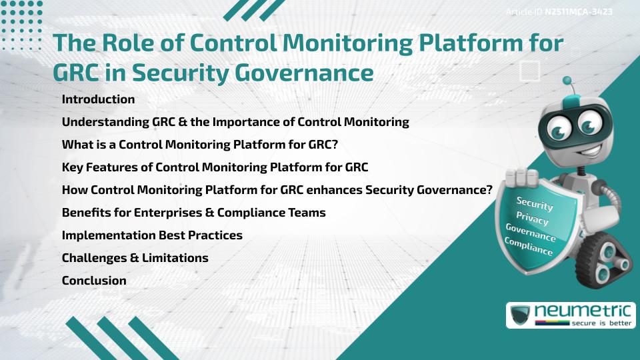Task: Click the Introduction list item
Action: pyautogui.click(x=98, y=99)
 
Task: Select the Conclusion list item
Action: pyautogui.click(x=94, y=281)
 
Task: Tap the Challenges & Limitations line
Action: pyautogui.click(x=135, y=258)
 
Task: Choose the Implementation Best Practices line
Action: pyautogui.click(x=152, y=235)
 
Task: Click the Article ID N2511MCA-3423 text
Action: pyautogui.click(x=559, y=12)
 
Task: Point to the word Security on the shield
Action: pyautogui.click(x=535, y=203)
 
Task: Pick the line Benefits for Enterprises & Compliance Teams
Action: pyautogui.click(x=193, y=213)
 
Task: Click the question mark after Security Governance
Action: pyautogui.click(x=489, y=190)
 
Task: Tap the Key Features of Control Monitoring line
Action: pyautogui.click(x=215, y=167)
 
